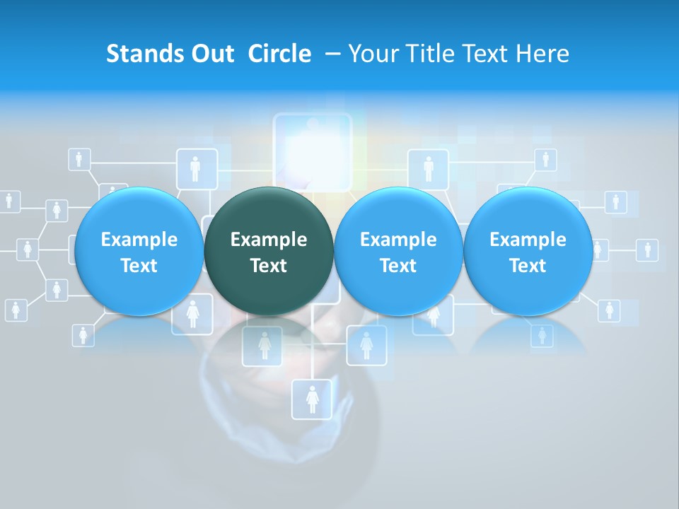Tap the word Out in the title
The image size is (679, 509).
pos(211,54)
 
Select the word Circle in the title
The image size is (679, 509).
pos(279,54)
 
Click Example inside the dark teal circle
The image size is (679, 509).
pos(269,240)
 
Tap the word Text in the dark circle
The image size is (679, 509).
pos(269,266)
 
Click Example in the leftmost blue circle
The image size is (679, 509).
pos(139,240)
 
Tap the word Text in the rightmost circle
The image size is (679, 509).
pos(528,266)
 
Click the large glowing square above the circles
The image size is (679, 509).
pos(312,152)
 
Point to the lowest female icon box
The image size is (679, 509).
pos(312,399)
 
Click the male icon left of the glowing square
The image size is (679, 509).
pos(195,168)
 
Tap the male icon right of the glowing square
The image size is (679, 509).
pos(428,168)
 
